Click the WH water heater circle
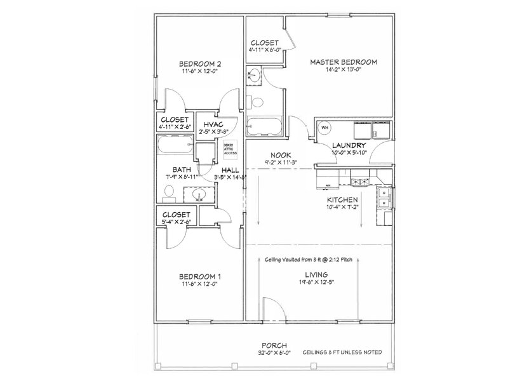pos(324,128)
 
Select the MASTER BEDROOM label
pos(344,62)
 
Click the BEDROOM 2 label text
pos(199,63)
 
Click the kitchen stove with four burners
pos(360,183)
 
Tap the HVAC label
pos(212,124)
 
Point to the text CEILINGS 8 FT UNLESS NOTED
pos(344,353)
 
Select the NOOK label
pos(280,155)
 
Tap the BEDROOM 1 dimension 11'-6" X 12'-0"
pos(199,284)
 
